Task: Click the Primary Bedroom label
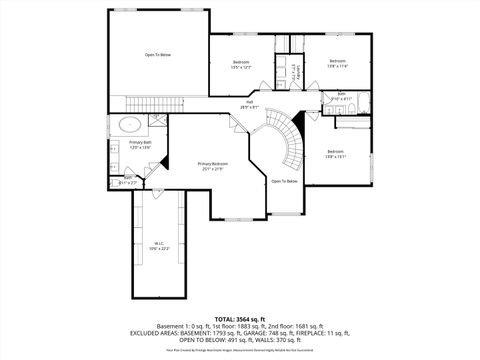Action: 212,165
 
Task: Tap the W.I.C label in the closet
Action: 159,245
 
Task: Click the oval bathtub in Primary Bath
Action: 130,125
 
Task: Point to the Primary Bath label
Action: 140,145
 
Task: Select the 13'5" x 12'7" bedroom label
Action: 241,64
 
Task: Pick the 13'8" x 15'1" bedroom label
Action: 335,153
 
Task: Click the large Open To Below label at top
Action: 157,55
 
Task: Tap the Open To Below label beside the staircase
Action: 284,181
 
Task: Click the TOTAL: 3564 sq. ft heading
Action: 240,317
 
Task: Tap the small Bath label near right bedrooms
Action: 341,97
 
